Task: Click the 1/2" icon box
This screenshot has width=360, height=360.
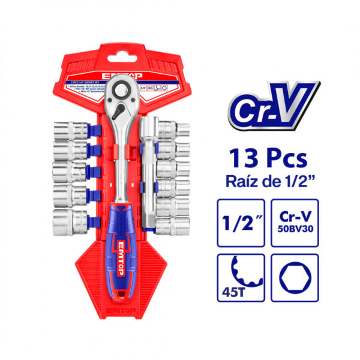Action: pyautogui.click(x=239, y=223)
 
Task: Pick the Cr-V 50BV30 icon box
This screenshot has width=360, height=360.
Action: pyautogui.click(x=295, y=223)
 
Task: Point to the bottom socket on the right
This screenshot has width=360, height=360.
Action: pyautogui.click(x=175, y=224)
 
